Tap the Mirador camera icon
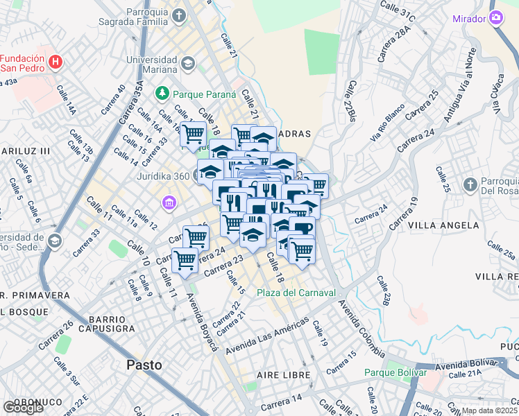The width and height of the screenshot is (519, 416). tap(496, 18)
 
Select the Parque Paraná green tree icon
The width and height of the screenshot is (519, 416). tap(162, 92)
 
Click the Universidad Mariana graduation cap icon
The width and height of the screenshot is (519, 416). tap(187, 64)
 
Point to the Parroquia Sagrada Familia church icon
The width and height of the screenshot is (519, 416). tap(180, 15)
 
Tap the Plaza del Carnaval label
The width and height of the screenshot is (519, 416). tap(296, 293)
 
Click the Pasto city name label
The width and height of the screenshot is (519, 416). tap(144, 365)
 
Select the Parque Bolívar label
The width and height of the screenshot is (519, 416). tap(395, 372)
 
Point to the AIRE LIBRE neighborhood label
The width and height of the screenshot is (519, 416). tap(281, 374)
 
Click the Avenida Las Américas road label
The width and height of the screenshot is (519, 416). tap(266, 334)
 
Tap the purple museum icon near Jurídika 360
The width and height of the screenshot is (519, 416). tap(168, 203)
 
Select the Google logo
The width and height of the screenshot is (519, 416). tap(23, 408)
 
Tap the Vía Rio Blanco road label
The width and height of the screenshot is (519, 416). tap(387, 125)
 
